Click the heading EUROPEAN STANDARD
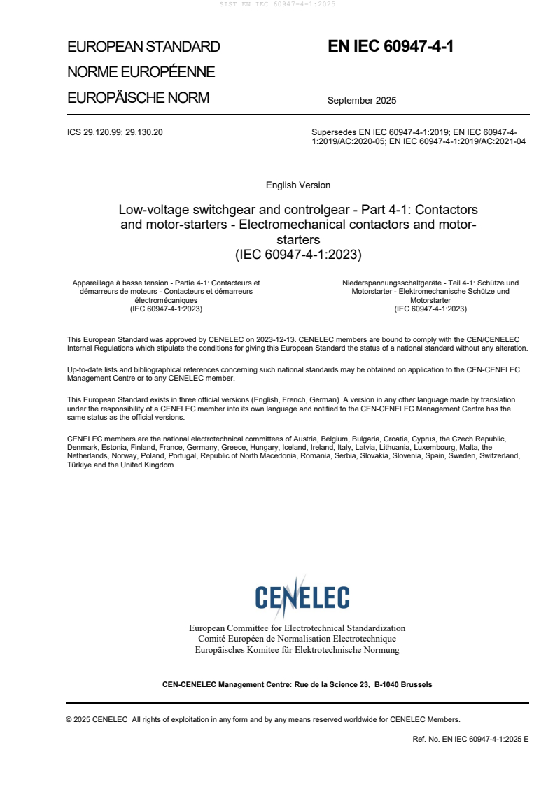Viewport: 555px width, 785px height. click(x=143, y=48)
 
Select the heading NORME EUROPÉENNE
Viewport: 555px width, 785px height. click(x=141, y=72)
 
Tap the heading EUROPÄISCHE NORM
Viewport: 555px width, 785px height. click(x=138, y=98)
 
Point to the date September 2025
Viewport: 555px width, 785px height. click(x=362, y=100)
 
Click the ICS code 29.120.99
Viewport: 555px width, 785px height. click(x=104, y=132)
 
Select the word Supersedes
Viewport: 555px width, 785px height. click(x=333, y=132)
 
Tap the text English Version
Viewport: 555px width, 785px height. click(x=298, y=185)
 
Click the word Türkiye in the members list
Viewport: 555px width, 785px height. click(x=80, y=465)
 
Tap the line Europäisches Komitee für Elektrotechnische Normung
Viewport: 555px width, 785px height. click(x=297, y=650)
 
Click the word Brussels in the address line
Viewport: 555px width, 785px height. click(x=416, y=684)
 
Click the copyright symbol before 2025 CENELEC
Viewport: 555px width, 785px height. click(x=69, y=719)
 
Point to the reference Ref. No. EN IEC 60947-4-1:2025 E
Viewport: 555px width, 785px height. click(x=471, y=739)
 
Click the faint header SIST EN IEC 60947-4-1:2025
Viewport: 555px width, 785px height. click(x=277, y=4)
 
